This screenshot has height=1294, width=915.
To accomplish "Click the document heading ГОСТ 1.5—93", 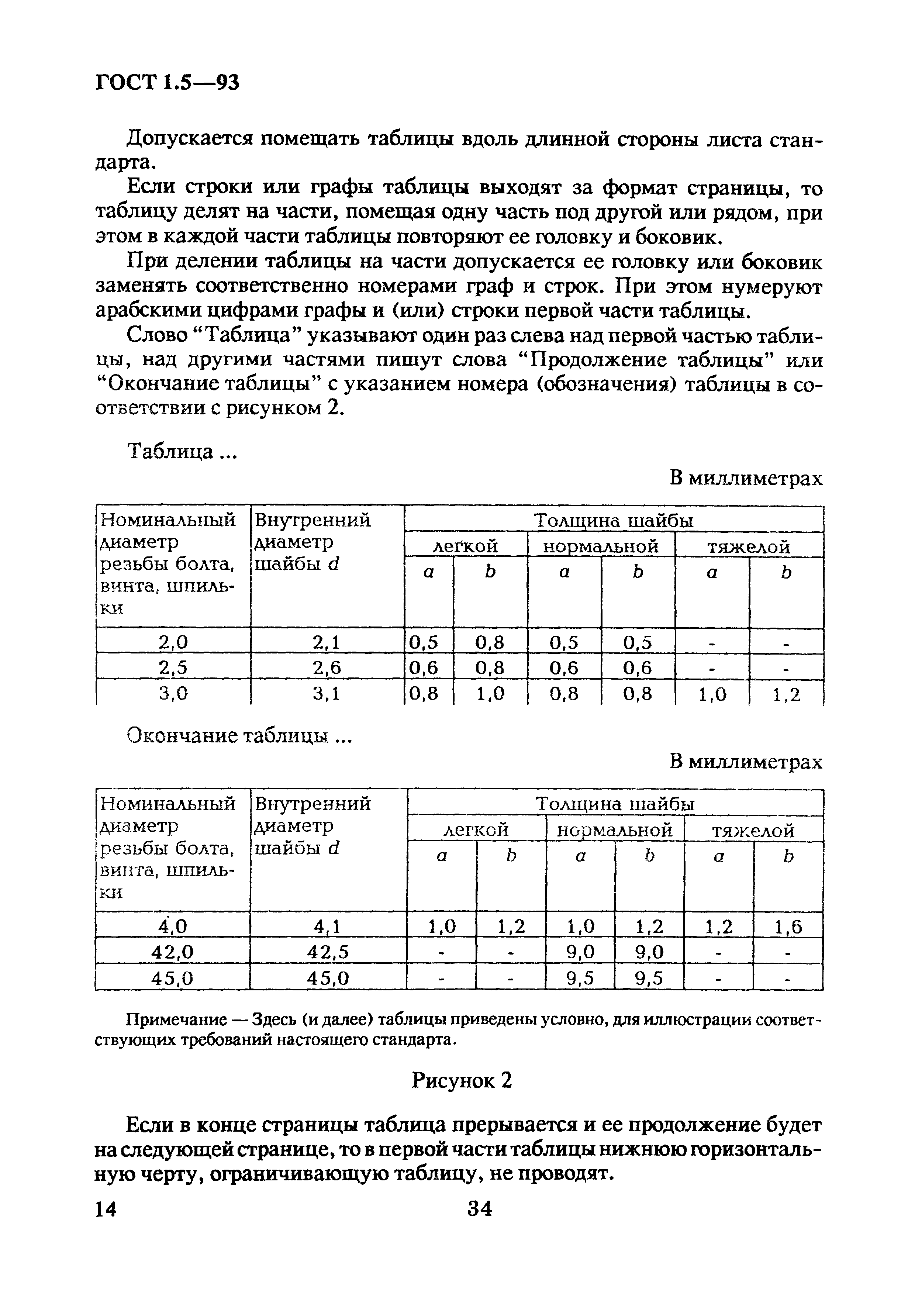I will click(168, 83).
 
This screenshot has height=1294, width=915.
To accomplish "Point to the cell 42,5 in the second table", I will click(328, 952).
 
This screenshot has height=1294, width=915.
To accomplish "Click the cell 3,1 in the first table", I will click(327, 694).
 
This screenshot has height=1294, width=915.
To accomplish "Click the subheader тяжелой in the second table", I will click(753, 830).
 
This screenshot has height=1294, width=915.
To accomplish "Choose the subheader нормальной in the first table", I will click(601, 546).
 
